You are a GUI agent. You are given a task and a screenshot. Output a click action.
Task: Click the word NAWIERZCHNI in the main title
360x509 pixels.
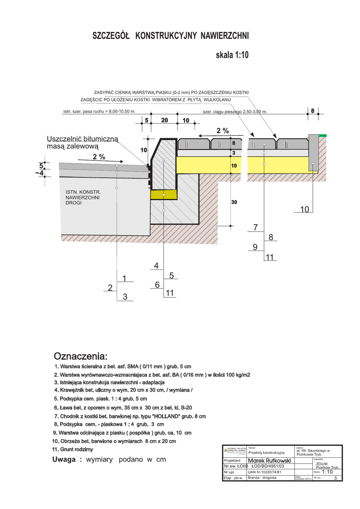point(225,36)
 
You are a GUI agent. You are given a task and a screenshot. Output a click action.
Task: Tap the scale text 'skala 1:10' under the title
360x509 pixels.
point(232,56)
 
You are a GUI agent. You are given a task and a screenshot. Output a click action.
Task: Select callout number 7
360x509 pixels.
point(256,228)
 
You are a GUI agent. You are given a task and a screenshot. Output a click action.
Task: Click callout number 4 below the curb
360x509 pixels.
point(156,266)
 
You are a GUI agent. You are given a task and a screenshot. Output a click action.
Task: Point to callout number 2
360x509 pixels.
point(110,287)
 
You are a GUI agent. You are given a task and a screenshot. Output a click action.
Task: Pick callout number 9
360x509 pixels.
point(255,247)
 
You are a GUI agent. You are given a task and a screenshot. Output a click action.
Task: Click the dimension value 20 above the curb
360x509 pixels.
point(165,120)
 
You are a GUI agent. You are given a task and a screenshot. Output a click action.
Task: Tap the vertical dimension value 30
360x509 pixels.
point(234,202)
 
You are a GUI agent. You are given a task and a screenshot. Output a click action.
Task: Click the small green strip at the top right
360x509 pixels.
point(323,135)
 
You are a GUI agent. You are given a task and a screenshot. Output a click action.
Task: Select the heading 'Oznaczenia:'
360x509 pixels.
point(80,356)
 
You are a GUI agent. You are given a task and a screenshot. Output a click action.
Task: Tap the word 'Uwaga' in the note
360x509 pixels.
point(67,459)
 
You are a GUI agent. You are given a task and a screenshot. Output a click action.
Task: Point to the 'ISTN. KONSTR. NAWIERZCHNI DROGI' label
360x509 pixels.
point(83,197)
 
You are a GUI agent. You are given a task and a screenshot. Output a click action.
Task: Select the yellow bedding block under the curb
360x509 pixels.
point(164,194)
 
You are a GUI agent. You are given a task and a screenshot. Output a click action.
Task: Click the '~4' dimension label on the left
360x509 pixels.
point(39,173)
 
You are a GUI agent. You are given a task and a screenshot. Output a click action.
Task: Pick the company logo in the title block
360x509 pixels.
point(234,451)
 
